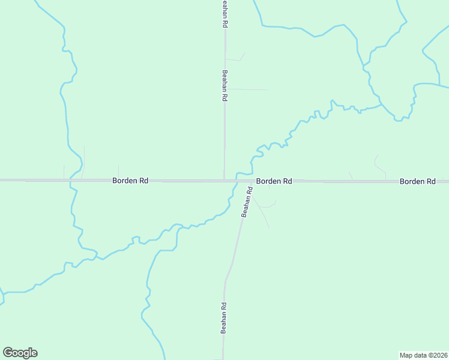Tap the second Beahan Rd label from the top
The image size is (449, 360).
click(224, 85)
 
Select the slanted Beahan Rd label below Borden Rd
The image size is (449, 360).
click(246, 202)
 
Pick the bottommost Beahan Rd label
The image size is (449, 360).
click(223, 318)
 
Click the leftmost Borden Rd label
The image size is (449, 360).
click(130, 180)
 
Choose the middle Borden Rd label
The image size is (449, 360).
click(274, 181)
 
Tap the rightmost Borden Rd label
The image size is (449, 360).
click(418, 181)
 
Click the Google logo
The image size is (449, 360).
click(20, 353)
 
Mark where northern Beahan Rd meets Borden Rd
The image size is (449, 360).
click(224, 179)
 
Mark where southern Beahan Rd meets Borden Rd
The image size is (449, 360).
click(251, 180)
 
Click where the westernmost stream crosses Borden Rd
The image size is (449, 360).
click(71, 179)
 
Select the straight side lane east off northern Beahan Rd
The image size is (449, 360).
click(246, 89)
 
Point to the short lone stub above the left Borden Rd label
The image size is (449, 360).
click(118, 172)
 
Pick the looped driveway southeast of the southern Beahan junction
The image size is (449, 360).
click(268, 205)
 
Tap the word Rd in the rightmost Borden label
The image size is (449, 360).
click(430, 181)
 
